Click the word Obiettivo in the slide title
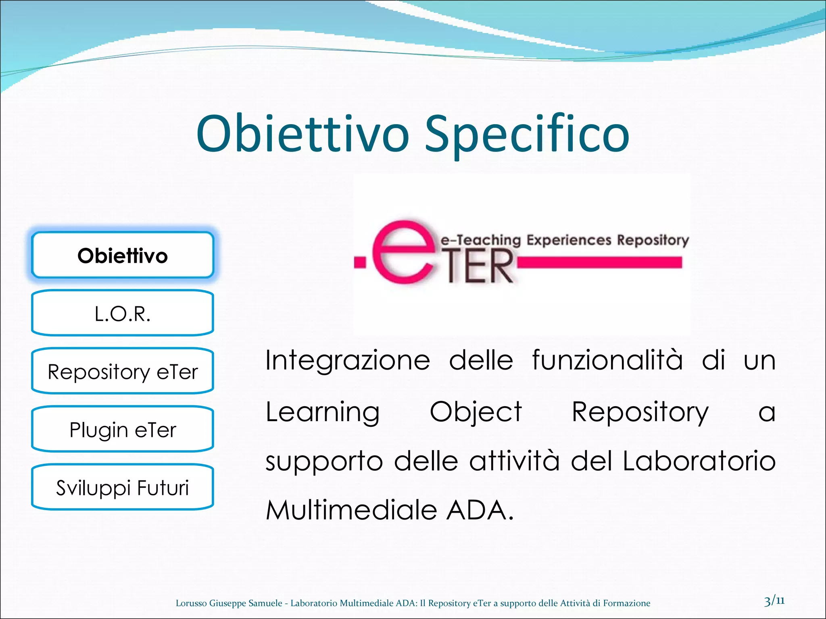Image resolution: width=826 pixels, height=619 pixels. [x=302, y=134]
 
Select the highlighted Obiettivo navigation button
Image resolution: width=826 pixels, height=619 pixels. [x=122, y=255]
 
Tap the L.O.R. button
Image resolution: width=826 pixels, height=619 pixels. [x=122, y=314]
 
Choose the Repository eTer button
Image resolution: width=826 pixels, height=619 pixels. [x=122, y=372]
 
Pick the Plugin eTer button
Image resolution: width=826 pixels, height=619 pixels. [x=122, y=430]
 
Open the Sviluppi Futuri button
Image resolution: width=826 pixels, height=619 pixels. [x=122, y=488]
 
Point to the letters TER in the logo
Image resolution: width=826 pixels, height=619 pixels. [x=480, y=267]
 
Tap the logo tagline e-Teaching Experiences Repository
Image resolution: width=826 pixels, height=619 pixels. [x=565, y=240]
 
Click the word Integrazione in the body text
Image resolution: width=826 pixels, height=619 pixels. [x=348, y=360]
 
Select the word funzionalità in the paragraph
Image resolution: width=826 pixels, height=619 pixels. [x=607, y=360]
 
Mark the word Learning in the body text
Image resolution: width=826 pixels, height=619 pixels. [x=323, y=412]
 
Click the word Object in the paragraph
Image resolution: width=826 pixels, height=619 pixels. [x=476, y=412]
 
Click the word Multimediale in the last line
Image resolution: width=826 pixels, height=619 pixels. [x=351, y=510]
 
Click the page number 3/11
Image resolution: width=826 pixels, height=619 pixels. [x=774, y=602]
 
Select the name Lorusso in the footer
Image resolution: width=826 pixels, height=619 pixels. [x=191, y=603]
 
